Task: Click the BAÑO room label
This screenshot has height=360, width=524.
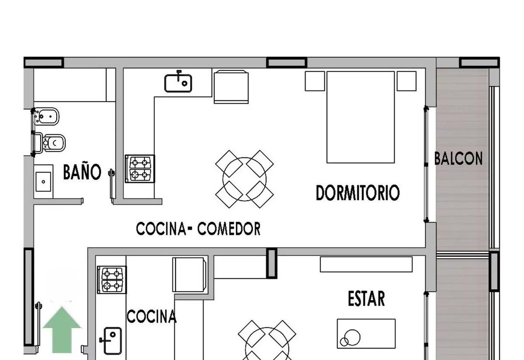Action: coord(82,171)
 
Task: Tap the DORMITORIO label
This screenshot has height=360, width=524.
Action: coord(358,193)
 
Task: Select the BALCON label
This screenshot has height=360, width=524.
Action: coord(458,158)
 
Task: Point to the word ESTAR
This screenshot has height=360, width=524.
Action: coord(366,298)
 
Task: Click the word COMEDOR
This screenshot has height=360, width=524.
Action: coord(229,228)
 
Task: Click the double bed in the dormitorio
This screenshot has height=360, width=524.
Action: coord(361,117)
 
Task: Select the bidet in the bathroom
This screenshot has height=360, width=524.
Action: coord(46,116)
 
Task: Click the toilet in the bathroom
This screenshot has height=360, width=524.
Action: coord(49,143)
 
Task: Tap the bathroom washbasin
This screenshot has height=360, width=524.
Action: coord(43,182)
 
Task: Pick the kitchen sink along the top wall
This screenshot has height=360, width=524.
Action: coord(178,83)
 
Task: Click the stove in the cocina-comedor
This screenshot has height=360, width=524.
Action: coord(140,169)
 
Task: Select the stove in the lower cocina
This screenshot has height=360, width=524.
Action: coord(112,280)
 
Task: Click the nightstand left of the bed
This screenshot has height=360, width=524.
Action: coord(315,81)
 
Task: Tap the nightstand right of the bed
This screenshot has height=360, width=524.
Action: coord(407,81)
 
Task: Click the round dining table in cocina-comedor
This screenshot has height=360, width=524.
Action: coord(245,179)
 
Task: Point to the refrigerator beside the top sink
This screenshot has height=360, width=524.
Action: coord(231,87)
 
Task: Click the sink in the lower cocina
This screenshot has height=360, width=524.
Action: coord(111,341)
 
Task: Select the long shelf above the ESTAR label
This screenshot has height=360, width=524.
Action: coord(366,264)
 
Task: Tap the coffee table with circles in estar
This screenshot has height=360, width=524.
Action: coord(366,333)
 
